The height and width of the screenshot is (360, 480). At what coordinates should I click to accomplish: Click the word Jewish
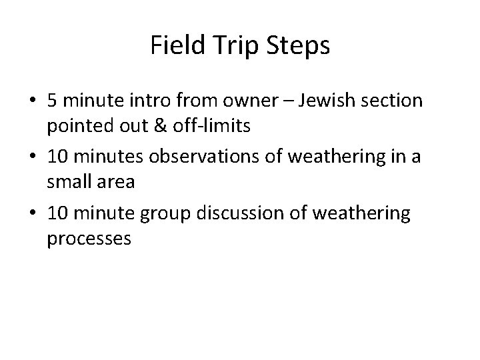click(323, 101)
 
